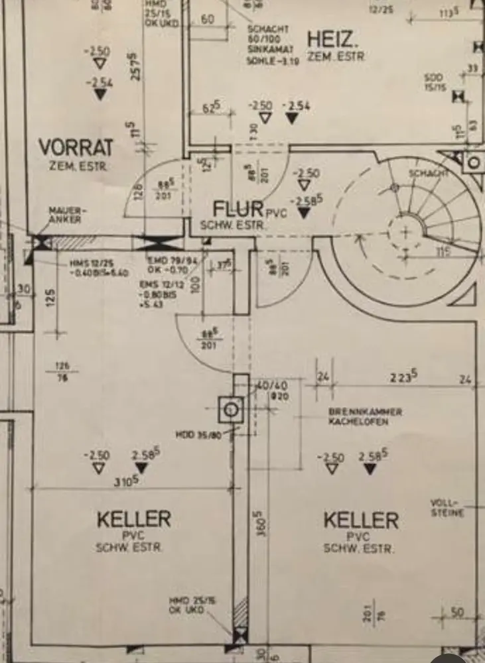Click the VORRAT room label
76,147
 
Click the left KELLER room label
134,518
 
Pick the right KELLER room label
361,519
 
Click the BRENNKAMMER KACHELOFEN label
365,416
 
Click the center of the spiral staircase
406,232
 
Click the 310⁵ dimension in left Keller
126,481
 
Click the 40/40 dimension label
271,385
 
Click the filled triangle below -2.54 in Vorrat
100,94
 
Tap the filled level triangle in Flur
304,212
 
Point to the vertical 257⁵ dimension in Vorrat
135,66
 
